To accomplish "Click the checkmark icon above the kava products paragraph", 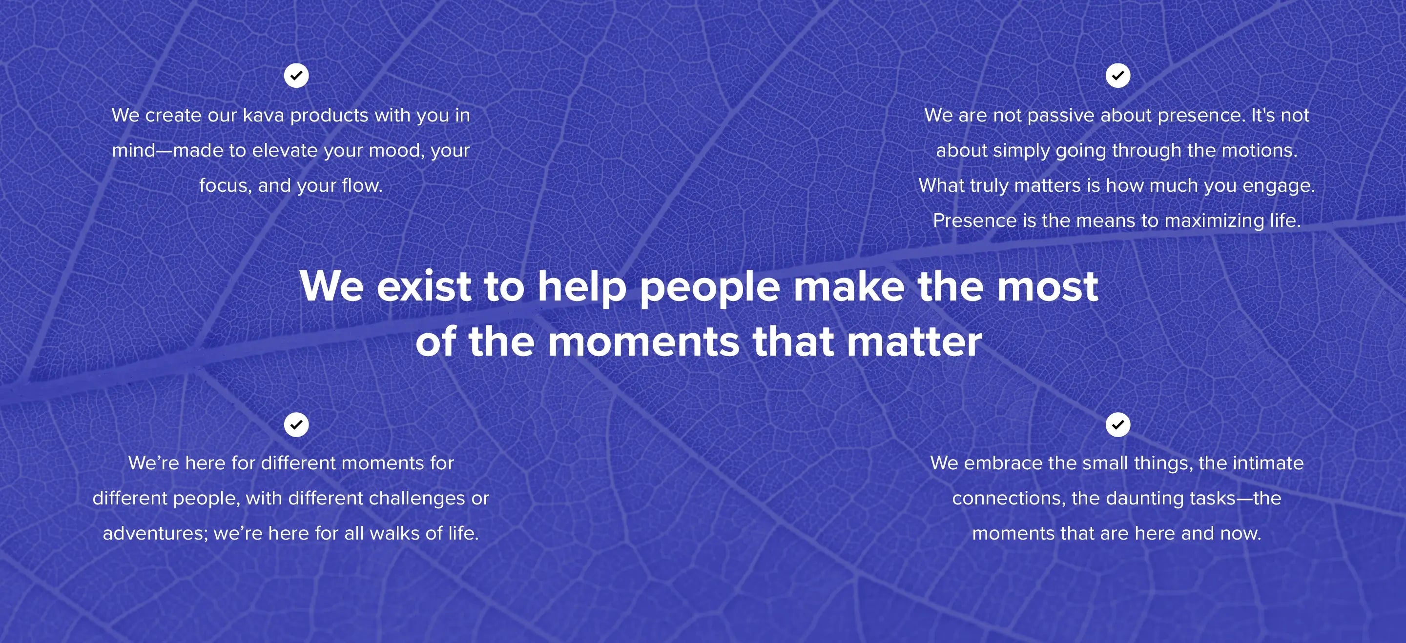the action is click(x=296, y=76).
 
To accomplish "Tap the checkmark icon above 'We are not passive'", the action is click(x=1118, y=76).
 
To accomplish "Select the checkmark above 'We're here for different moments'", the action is click(x=296, y=424).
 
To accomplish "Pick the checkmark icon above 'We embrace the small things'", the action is click(x=1118, y=424).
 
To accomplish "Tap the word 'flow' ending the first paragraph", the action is click(x=361, y=185).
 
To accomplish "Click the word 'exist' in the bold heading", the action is click(x=424, y=286).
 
